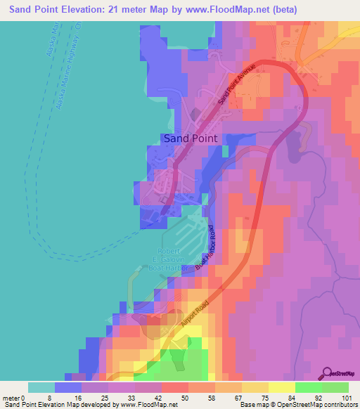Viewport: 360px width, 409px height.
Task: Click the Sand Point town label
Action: pyautogui.click(x=190, y=138)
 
